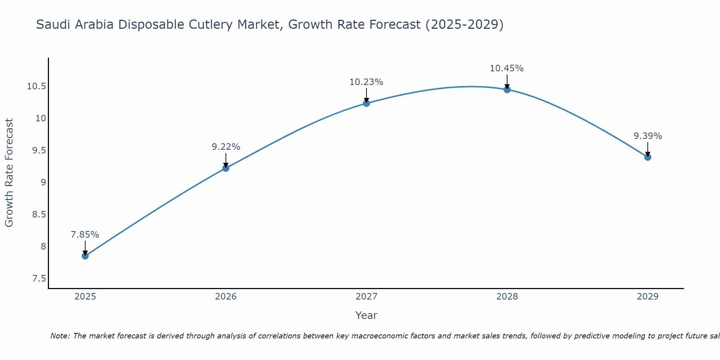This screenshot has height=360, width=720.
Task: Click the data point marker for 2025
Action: pyautogui.click(x=85, y=256)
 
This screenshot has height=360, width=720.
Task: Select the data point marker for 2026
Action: pyautogui.click(x=226, y=168)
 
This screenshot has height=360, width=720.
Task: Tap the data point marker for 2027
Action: pyautogui.click(x=366, y=103)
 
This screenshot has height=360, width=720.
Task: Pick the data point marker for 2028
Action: pyautogui.click(x=507, y=89)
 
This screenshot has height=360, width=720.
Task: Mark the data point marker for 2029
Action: pyautogui.click(x=648, y=157)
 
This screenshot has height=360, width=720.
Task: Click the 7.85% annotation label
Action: pyautogui.click(x=85, y=235)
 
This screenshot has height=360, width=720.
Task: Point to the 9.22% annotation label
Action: pyautogui.click(x=226, y=147)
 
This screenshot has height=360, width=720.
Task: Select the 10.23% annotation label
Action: pyautogui.click(x=366, y=82)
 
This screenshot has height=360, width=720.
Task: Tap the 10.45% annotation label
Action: pyautogui.click(x=507, y=68)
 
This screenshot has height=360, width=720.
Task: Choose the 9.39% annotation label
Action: pyautogui.click(x=648, y=136)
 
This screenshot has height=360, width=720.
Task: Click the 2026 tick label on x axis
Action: pyautogui.click(x=226, y=297)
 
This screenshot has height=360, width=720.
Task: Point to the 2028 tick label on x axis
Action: pyautogui.click(x=507, y=297)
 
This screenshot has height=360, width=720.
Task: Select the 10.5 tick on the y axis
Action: pyautogui.click(x=36, y=86)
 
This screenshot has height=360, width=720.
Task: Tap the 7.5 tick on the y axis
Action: pyautogui.click(x=39, y=279)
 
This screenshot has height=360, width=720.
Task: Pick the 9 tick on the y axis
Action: pyautogui.click(x=43, y=183)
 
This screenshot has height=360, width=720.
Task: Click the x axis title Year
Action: pyautogui.click(x=366, y=315)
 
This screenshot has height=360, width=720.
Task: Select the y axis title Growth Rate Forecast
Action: pyautogui.click(x=9, y=173)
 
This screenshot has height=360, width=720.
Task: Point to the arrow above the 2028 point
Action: pyautogui.click(x=507, y=81)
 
